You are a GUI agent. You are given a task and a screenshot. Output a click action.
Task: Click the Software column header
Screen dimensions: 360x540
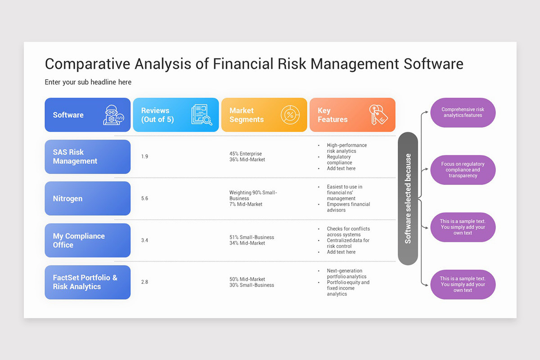(x=68, y=115)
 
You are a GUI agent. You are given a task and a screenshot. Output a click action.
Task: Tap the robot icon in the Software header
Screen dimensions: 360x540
(x=113, y=115)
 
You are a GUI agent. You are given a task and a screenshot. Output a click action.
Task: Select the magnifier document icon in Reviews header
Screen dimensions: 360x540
(x=201, y=115)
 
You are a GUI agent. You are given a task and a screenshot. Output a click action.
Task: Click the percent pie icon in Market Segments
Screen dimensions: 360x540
(x=290, y=115)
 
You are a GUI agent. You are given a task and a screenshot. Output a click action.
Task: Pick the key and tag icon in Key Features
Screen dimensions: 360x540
(x=378, y=115)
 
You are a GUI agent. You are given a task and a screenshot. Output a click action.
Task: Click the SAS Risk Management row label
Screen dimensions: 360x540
(x=87, y=157)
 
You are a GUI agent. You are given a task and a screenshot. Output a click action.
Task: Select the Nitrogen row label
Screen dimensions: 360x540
(x=87, y=198)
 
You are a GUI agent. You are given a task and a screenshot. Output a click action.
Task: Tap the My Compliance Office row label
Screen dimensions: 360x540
(x=87, y=240)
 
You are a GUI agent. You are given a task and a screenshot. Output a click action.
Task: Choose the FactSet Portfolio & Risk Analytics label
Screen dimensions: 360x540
(x=87, y=282)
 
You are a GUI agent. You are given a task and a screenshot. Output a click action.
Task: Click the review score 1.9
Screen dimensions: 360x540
(x=144, y=157)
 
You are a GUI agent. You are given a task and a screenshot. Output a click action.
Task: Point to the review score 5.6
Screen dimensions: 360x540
(x=144, y=198)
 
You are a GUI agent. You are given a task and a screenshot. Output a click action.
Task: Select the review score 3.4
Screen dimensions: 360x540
(x=144, y=240)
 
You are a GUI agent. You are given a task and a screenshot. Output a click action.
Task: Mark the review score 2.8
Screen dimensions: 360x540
(x=144, y=282)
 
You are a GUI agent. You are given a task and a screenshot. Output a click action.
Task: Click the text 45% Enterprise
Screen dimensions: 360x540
(x=245, y=154)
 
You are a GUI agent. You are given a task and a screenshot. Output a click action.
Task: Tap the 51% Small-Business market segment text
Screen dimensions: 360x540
(x=252, y=237)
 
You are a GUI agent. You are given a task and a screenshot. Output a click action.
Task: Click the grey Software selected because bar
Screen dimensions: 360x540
(x=408, y=198)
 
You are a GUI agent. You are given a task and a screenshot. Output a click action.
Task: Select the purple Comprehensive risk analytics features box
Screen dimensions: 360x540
(x=463, y=112)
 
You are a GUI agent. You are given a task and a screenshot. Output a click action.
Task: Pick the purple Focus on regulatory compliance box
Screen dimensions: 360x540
(x=463, y=170)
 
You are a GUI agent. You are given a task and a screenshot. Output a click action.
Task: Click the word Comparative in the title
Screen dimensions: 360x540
(x=86, y=64)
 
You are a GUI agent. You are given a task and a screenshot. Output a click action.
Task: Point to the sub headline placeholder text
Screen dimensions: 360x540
(x=88, y=82)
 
